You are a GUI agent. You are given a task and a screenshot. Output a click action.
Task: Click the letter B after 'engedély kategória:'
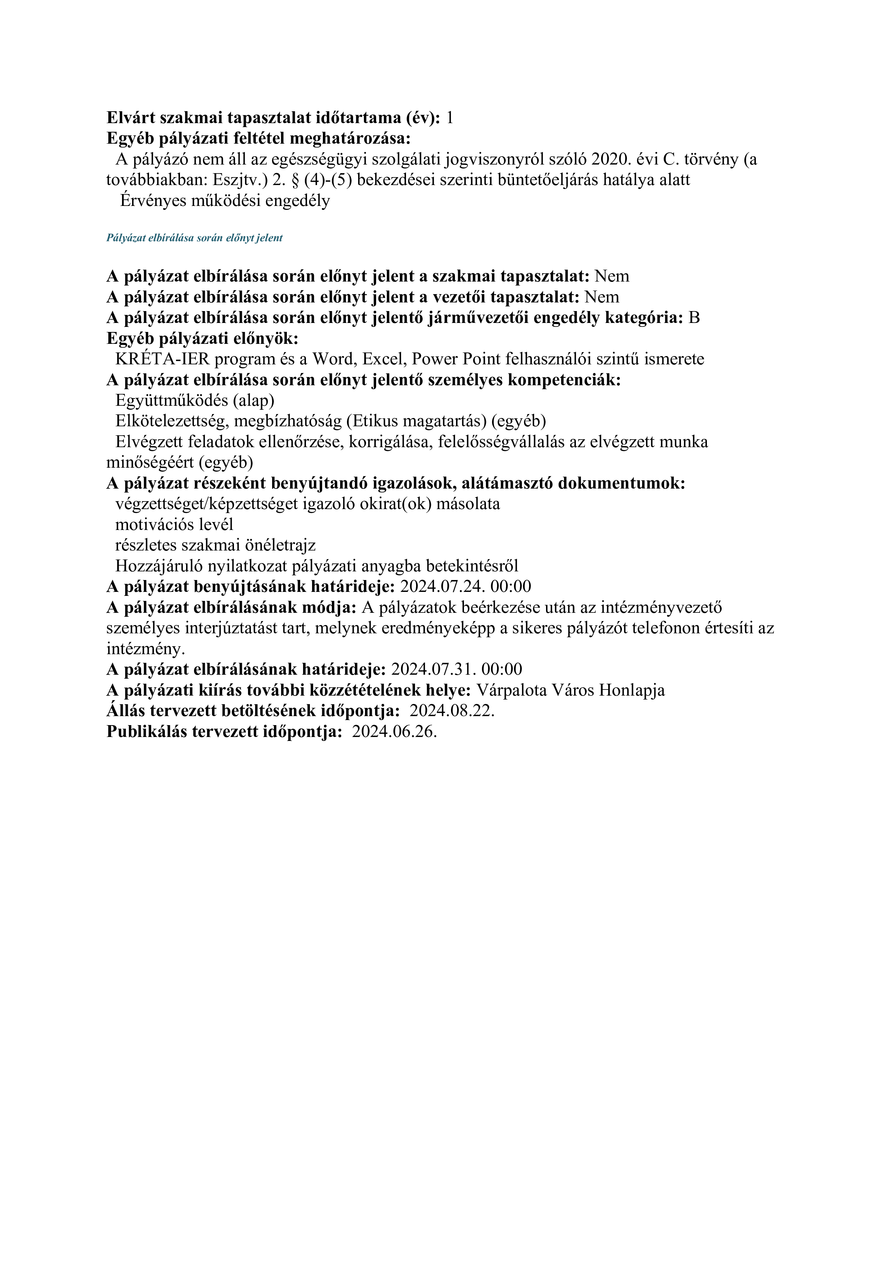tap(694, 318)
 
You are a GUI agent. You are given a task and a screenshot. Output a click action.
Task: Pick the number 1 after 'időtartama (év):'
tap(450, 118)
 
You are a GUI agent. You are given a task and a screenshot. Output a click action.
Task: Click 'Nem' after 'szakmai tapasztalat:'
tap(612, 276)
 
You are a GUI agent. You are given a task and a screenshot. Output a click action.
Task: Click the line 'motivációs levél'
tap(174, 524)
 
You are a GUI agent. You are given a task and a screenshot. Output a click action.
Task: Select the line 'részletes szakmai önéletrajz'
tap(216, 545)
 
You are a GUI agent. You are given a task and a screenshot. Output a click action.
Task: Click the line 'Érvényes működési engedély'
tap(225, 201)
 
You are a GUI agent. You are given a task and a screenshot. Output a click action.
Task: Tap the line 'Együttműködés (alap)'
tap(195, 400)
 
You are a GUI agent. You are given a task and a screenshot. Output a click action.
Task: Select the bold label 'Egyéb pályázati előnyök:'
tap(202, 338)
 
